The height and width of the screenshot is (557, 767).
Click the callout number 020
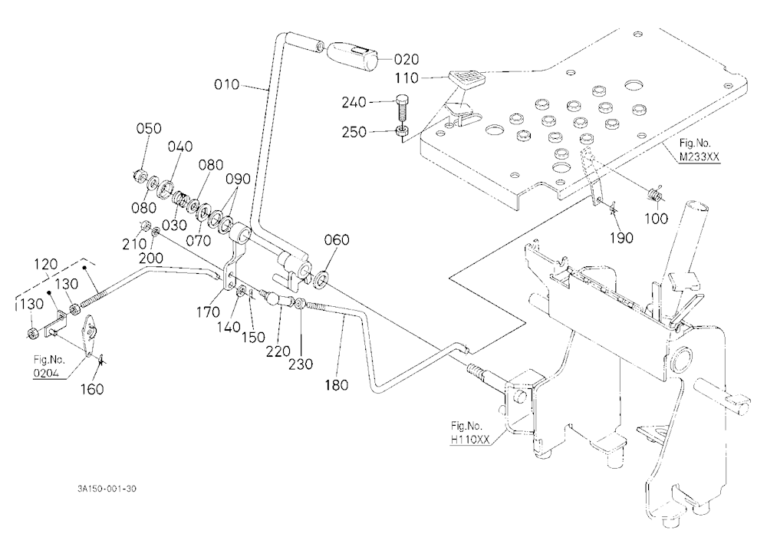(x=407, y=60)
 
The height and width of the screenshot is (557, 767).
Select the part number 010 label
(x=227, y=84)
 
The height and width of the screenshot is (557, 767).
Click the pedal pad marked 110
(x=466, y=78)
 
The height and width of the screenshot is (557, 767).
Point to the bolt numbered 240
(x=400, y=110)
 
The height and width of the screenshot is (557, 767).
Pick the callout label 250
(x=354, y=132)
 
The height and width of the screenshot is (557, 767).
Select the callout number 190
(x=621, y=238)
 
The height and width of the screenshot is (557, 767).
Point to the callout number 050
(x=149, y=128)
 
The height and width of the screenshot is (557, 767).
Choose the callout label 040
(x=180, y=147)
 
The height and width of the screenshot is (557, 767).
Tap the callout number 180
(x=337, y=385)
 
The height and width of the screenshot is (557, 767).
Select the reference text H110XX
(x=470, y=440)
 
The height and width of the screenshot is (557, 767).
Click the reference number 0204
(x=47, y=374)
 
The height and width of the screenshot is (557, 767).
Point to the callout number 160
(x=92, y=389)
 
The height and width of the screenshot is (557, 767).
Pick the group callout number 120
(x=46, y=265)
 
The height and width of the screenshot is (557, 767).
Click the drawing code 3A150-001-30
(x=107, y=489)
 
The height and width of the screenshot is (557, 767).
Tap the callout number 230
(x=301, y=364)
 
